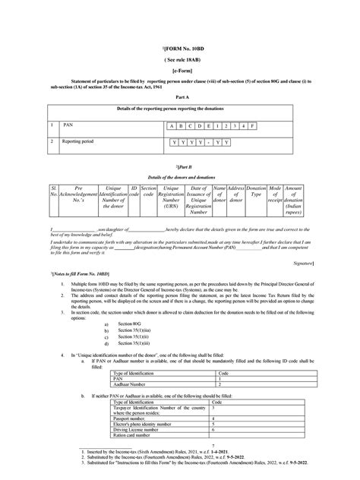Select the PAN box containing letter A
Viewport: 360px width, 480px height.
click(x=174, y=126)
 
